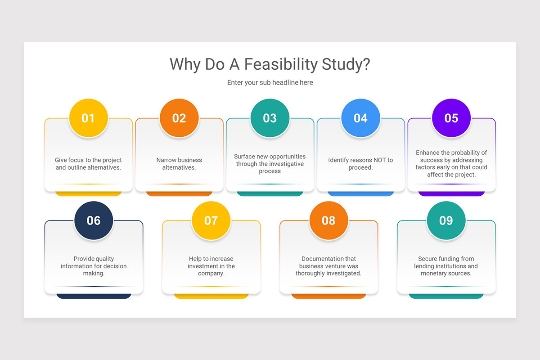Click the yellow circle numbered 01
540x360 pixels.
coord(88,118)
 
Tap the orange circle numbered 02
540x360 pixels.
coord(179,118)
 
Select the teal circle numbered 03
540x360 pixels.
coord(270,118)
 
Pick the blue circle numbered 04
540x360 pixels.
coord(360,118)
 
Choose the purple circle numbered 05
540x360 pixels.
coord(451,118)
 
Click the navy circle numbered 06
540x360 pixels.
coord(94,220)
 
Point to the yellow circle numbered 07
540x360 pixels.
coord(211,220)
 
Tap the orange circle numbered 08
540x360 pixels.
coord(328,220)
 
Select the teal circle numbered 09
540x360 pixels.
coord(446,220)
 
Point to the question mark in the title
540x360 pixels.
coord(366,64)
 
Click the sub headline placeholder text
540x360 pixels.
coord(270,83)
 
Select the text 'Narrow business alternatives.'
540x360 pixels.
coord(179,164)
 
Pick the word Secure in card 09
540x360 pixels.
coord(428,259)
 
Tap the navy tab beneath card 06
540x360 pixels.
coord(94,296)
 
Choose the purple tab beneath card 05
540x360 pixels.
coord(451,193)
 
